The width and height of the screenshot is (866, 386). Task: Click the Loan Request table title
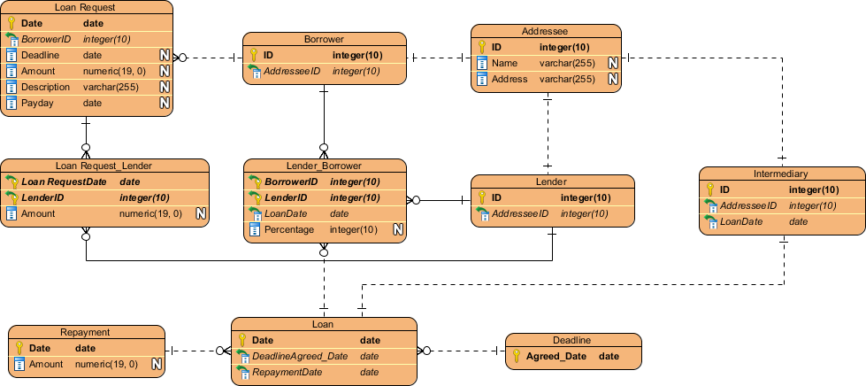(86, 7)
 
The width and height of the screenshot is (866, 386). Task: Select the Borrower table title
(324, 39)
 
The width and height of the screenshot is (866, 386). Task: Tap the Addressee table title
(545, 30)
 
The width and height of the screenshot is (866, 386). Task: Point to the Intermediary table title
(782, 174)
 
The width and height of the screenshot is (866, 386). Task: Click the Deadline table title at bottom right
(571, 340)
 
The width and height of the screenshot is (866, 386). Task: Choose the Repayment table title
(85, 333)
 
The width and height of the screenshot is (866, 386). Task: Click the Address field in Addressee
(510, 79)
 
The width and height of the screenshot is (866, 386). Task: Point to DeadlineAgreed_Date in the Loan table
(300, 356)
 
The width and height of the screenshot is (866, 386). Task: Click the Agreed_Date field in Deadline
(556, 357)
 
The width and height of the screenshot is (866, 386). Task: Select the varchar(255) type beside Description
(110, 87)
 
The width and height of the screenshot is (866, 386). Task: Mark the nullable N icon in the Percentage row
(398, 230)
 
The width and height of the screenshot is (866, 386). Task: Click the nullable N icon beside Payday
(164, 103)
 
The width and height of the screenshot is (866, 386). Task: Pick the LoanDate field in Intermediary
(740, 221)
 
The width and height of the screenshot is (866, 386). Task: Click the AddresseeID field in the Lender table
(521, 213)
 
